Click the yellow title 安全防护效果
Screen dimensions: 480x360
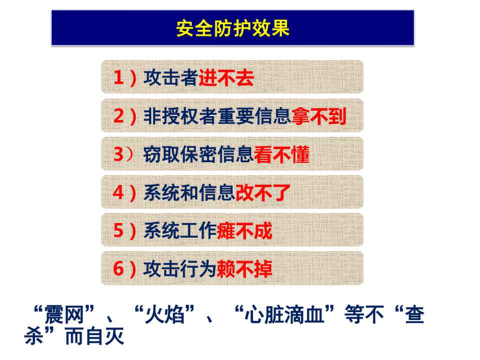233,29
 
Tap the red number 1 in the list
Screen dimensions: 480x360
119,77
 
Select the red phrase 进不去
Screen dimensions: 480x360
226,77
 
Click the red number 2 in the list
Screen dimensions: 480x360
119,116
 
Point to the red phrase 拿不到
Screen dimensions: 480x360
319,116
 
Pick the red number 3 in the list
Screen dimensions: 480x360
119,154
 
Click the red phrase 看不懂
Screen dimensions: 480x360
281,154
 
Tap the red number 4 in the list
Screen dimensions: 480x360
119,192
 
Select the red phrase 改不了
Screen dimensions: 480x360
263,193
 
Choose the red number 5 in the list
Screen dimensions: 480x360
119,230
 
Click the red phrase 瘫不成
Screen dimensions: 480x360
244,231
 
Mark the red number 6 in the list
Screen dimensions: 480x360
119,269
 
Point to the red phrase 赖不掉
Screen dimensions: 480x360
244,269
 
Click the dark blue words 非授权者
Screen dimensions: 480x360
180,116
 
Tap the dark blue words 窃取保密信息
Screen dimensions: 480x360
198,154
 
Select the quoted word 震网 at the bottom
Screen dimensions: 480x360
64,315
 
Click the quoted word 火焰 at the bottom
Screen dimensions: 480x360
165,315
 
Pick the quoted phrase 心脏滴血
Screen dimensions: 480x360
285,315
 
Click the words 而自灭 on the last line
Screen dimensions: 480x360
95,337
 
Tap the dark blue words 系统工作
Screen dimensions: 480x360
180,231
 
